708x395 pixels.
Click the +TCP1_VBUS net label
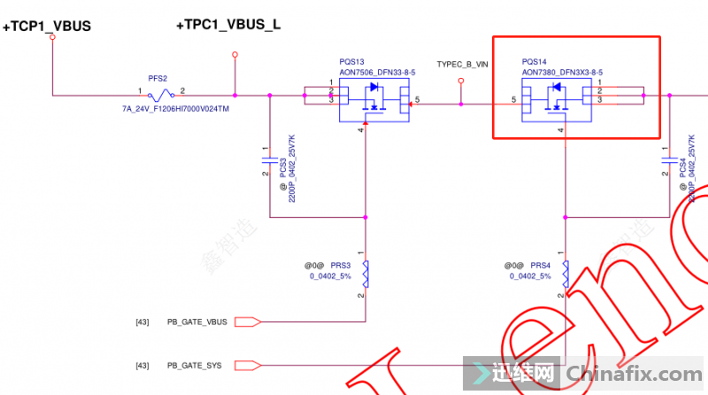tap(47, 27)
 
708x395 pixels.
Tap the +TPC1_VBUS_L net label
tap(228, 25)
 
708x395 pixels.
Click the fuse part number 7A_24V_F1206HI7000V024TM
tap(175, 109)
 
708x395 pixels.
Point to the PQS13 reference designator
tap(352, 62)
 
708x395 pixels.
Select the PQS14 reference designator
tap(535, 62)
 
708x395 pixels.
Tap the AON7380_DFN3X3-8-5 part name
tap(562, 73)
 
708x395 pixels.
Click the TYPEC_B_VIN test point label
tap(462, 65)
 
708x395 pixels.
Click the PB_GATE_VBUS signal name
tap(197, 321)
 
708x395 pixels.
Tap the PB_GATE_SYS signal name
tap(194, 366)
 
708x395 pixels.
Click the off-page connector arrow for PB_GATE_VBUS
tap(249, 321)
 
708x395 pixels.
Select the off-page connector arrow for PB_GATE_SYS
tap(249, 365)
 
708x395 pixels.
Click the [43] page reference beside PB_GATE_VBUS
tap(142, 321)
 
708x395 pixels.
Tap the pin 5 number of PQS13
tap(417, 98)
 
